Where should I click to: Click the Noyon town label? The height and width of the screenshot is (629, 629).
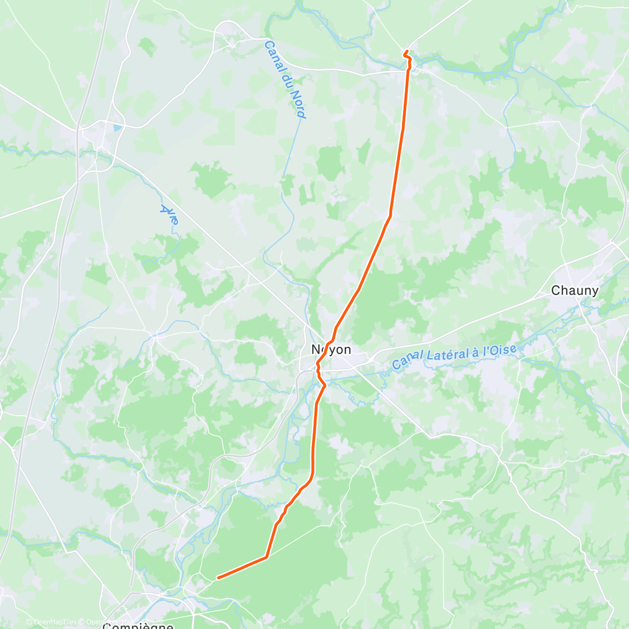pos(331,350)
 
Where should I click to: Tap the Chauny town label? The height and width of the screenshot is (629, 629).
pos(574,290)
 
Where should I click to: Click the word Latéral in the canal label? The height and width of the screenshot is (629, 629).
pos(453,355)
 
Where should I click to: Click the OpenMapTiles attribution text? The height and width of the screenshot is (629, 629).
pos(55,623)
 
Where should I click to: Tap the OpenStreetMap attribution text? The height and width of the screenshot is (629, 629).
pos(107,623)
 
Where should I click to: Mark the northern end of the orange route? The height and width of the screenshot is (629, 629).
pos(405,51)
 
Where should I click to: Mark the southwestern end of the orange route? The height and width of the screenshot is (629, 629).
pos(218,578)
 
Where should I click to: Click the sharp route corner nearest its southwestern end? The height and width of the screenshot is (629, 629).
pos(266,557)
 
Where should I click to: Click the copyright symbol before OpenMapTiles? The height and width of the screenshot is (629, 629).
pos(29,623)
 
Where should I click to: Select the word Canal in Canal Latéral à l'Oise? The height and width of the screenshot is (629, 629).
pos(408,360)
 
